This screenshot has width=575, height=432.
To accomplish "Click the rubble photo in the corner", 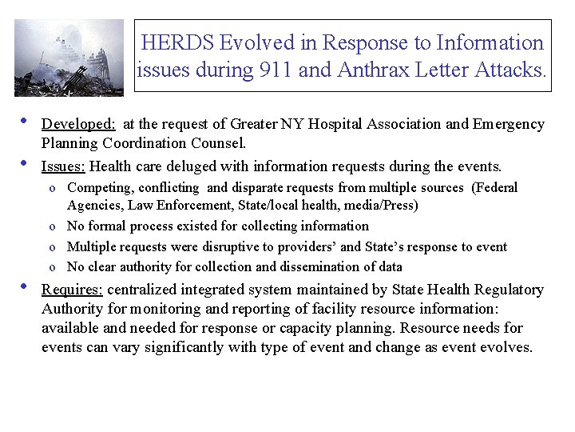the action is (x=69, y=58).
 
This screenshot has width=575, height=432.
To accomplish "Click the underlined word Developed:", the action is (x=79, y=124).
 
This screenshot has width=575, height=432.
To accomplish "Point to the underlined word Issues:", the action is (x=64, y=166).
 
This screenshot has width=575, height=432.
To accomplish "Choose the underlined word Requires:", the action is (x=72, y=290).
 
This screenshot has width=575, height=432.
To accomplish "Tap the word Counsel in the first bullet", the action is (x=221, y=144).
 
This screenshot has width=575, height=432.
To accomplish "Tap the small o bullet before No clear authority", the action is (x=52, y=267).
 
